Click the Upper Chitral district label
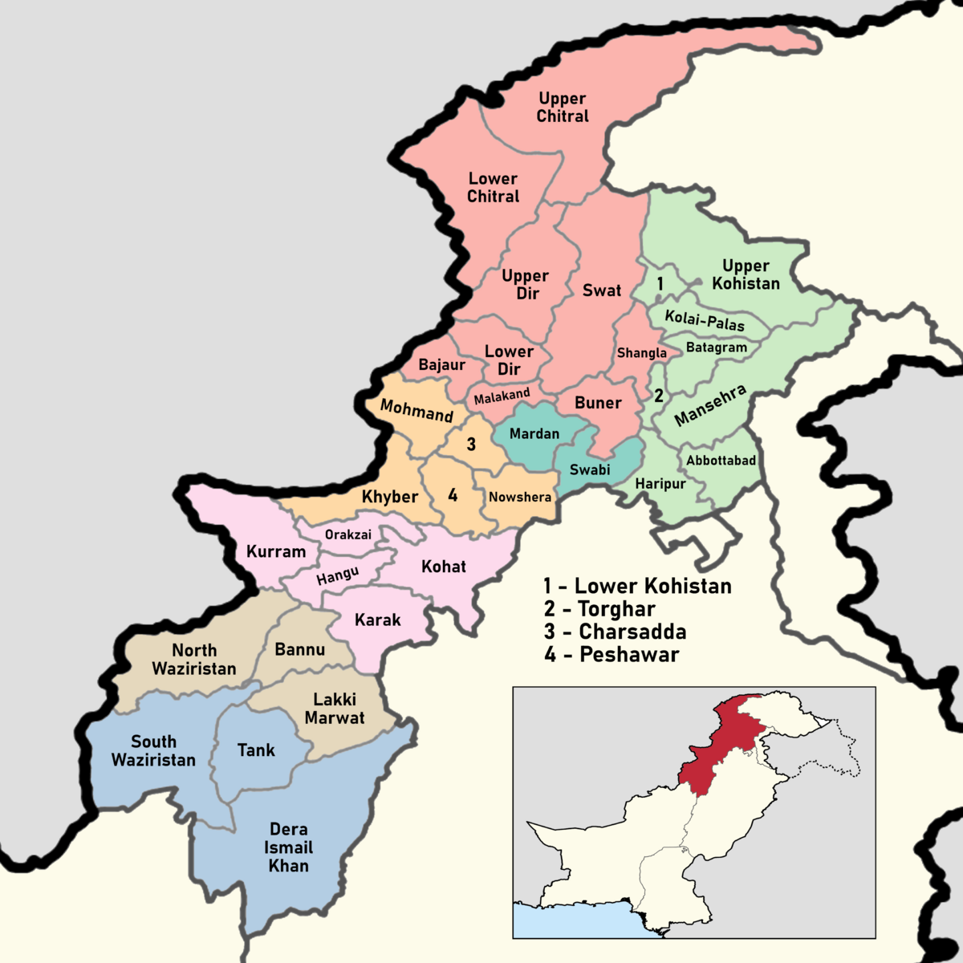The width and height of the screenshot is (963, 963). [x=563, y=107]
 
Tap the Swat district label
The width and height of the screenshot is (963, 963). [x=602, y=290]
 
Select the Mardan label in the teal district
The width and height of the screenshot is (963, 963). [x=534, y=433]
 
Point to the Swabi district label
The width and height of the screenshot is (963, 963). [x=590, y=469]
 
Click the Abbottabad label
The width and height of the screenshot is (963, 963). [x=721, y=461]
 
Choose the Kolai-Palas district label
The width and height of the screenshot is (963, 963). [x=705, y=320]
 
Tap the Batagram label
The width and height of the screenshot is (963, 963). [x=717, y=347]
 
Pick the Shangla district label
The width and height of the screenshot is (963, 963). [x=642, y=353]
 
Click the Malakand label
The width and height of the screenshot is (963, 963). [x=502, y=396]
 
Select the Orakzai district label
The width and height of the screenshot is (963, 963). [x=348, y=534]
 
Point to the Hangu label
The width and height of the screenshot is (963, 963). [x=337, y=575]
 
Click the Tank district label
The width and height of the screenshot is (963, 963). [x=256, y=750]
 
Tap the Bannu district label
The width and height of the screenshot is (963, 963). [x=300, y=649]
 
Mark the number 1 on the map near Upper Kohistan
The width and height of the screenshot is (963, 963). [x=660, y=283]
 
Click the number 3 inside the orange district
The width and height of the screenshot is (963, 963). [x=471, y=444]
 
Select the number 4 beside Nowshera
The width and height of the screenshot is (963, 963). [x=453, y=495]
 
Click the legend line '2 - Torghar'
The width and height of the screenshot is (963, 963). [x=599, y=609]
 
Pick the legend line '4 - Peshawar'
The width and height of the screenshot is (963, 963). [x=612, y=654]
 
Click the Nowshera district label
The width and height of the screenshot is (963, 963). [x=520, y=497]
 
